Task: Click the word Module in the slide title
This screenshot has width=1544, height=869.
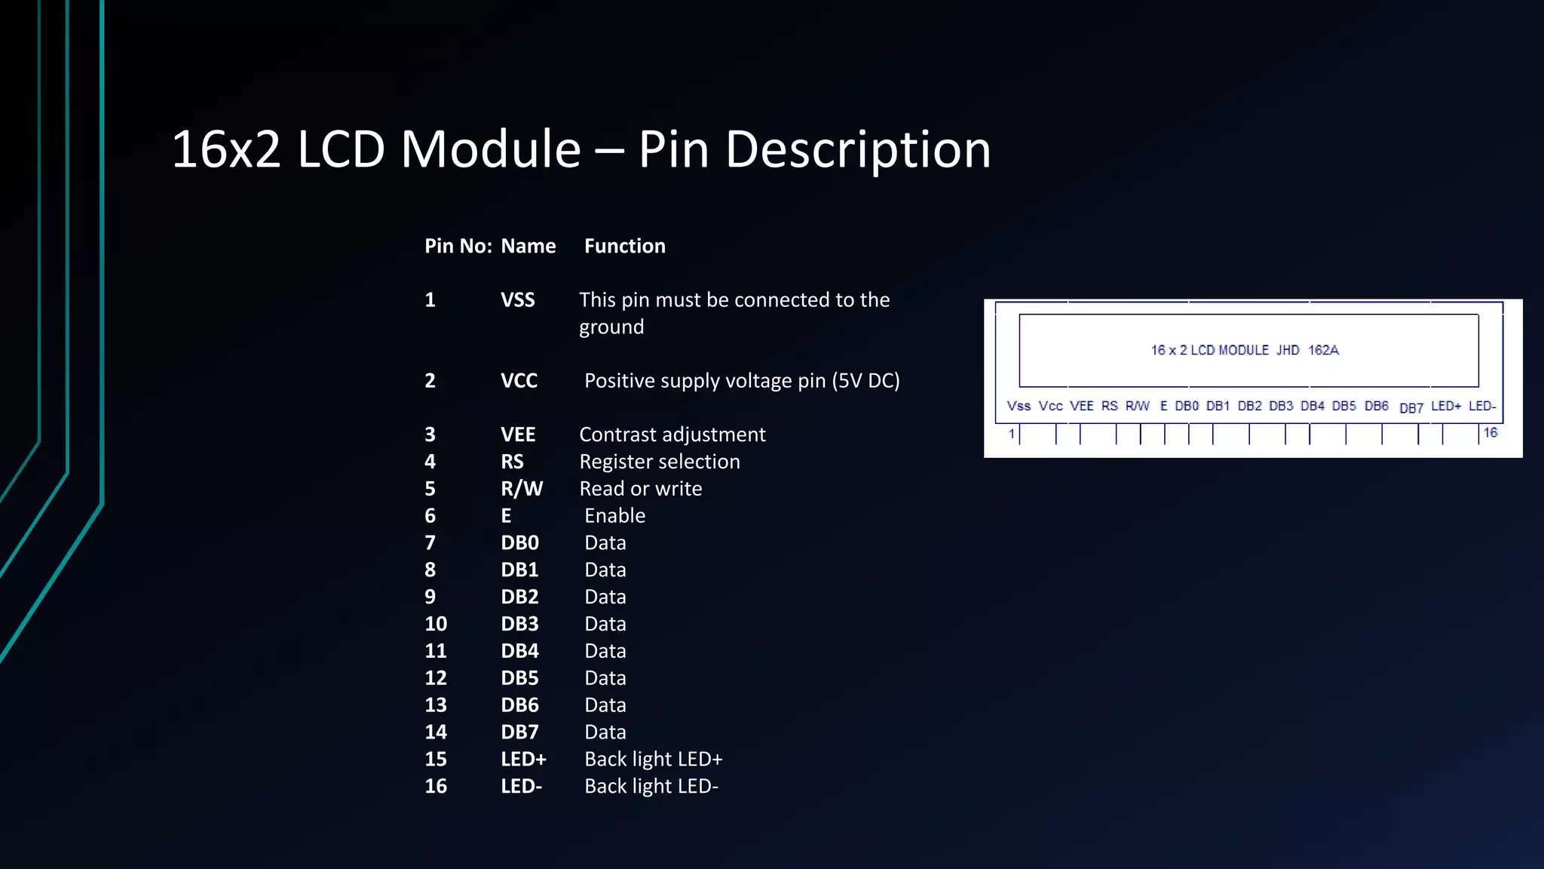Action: tap(491, 149)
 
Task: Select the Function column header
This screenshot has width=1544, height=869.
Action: tap(625, 246)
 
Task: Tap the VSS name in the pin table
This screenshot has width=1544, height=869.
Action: tap(518, 300)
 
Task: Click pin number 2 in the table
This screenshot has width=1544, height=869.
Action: tap(430, 381)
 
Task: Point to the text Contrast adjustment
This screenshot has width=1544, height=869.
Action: tap(672, 434)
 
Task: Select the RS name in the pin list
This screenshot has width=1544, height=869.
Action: tap(512, 462)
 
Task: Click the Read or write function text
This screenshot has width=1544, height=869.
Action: tap(640, 489)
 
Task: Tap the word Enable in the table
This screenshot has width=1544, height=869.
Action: tap(614, 516)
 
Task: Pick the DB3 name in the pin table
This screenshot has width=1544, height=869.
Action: tap(519, 624)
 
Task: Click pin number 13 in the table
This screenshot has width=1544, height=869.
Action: tap(436, 705)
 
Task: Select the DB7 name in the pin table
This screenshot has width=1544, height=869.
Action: tap(519, 732)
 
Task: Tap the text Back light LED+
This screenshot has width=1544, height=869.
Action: tap(653, 759)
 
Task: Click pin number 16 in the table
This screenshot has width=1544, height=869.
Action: tap(436, 786)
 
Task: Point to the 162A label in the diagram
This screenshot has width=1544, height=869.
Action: tap(1323, 350)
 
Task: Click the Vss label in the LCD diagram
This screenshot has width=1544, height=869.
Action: tap(1019, 406)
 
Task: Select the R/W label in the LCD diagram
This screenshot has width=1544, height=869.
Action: tap(1137, 406)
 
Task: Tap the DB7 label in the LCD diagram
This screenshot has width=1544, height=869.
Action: tap(1411, 408)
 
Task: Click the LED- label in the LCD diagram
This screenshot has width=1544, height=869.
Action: tap(1481, 406)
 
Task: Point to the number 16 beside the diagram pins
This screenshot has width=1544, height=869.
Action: tap(1490, 432)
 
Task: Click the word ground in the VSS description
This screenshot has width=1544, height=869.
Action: tap(611, 327)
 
